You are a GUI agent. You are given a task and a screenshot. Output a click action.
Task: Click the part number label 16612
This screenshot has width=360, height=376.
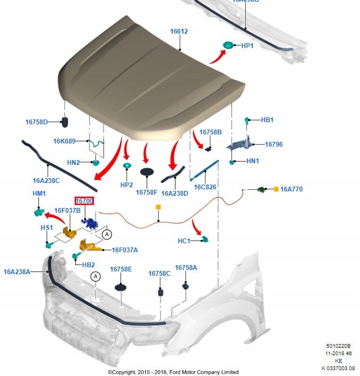pyautogui.click(x=179, y=31)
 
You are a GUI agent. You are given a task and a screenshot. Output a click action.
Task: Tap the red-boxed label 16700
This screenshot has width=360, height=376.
pyautogui.click(x=84, y=201)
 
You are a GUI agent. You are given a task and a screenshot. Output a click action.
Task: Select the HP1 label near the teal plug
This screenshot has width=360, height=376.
pyautogui.click(x=247, y=46)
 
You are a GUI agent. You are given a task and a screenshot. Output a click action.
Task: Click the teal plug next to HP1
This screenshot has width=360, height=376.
pyautogui.click(x=229, y=45)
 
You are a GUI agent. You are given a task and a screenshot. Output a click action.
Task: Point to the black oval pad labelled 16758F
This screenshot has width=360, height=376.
pyautogui.click(x=147, y=172)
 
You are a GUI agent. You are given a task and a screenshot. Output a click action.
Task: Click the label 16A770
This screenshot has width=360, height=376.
pyautogui.click(x=291, y=189)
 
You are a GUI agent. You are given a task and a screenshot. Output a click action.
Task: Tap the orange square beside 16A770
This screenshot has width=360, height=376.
pyautogui.click(x=276, y=189)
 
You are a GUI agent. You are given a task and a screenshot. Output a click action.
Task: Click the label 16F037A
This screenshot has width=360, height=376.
pyautogui.click(x=124, y=250)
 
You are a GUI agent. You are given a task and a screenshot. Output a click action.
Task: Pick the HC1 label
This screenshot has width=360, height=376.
pyautogui.click(x=183, y=241)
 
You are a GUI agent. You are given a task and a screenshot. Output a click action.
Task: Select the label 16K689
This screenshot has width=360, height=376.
pyautogui.click(x=64, y=141)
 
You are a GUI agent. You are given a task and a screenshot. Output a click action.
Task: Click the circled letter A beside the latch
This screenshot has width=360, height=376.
pyautogui.click(x=107, y=234)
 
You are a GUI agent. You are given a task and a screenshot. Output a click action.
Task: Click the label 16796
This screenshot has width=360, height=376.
pyautogui.click(x=274, y=144)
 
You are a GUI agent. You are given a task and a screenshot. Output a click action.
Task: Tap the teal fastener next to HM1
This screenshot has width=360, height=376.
pyautogui.click(x=38, y=213)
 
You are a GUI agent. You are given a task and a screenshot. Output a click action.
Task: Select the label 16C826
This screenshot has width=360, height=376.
pyautogui.click(x=205, y=187)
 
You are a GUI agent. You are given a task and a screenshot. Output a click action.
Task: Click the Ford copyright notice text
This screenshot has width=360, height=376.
pyautogui.click(x=173, y=372)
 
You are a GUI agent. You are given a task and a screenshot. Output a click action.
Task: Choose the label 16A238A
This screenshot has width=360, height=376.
pyautogui.click(x=17, y=272)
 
